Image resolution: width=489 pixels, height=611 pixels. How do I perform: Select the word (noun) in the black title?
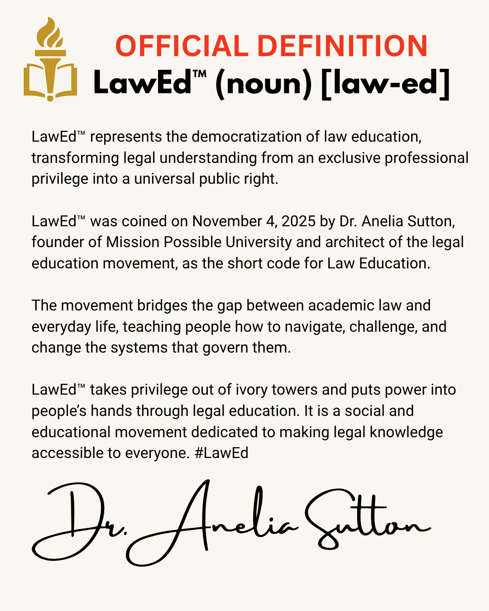tap(264, 83)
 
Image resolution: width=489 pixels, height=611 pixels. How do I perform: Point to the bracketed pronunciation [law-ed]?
tap(385, 83)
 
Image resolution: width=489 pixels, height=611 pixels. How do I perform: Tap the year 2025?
tap(298, 221)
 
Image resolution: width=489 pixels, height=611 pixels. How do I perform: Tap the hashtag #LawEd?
tap(221, 453)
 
